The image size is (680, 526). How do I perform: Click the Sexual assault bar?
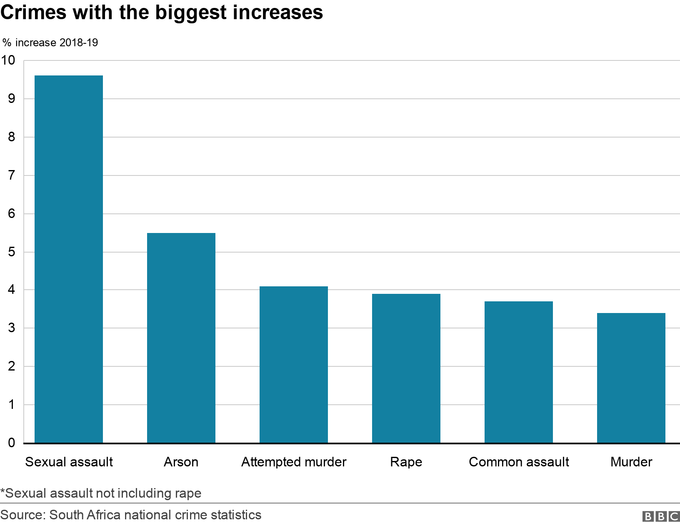click(x=68, y=259)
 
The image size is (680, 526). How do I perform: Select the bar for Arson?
click(x=181, y=338)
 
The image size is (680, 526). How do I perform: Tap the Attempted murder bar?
click(x=293, y=365)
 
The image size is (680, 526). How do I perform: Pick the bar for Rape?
click(x=406, y=368)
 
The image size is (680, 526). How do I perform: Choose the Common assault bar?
click(x=518, y=372)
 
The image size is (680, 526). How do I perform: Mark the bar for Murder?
click(x=631, y=378)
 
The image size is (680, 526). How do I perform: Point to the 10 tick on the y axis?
click(x=8, y=60)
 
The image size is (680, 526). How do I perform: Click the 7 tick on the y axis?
click(x=12, y=175)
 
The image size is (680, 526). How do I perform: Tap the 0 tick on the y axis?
click(x=12, y=443)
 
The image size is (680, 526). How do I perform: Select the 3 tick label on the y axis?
click(x=12, y=328)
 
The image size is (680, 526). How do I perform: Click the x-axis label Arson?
click(x=181, y=462)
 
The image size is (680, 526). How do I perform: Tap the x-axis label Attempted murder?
click(x=293, y=462)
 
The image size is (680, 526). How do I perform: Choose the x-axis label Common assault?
click(x=518, y=462)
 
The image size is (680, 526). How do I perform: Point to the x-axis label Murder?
click(x=631, y=462)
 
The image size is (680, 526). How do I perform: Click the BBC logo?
click(x=661, y=516)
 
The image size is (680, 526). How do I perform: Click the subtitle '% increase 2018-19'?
click(x=50, y=43)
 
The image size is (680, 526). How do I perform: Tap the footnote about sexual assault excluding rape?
click(x=101, y=493)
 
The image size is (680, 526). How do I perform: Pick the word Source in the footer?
click(x=23, y=515)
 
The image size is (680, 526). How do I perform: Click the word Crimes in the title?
click(x=33, y=13)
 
